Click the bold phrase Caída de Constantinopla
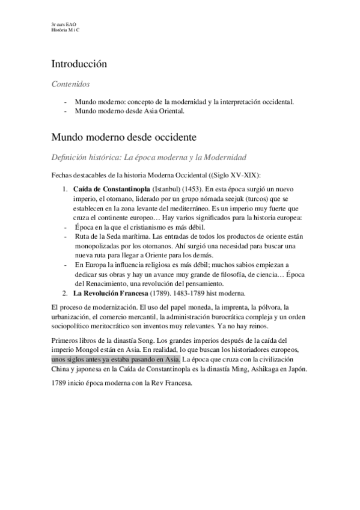pos(112,189)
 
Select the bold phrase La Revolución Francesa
pos(111,293)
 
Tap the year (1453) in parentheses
pos(191,189)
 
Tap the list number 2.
pos(66,293)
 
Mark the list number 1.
pos(66,189)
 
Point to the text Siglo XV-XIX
pos(244,175)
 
